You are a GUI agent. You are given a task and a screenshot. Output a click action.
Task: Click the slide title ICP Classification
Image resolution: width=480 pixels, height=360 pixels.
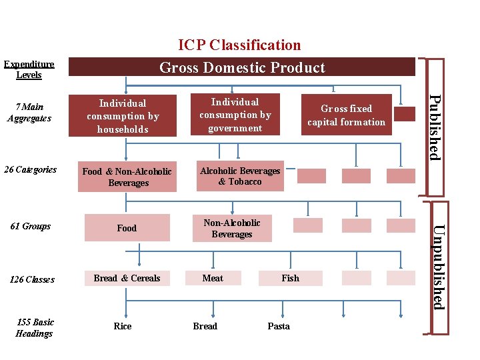point(239,45)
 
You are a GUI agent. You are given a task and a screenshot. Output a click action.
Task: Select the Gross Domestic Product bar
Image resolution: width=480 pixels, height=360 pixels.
point(242,67)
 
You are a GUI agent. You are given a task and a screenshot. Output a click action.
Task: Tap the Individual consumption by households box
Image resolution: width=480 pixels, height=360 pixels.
point(123,116)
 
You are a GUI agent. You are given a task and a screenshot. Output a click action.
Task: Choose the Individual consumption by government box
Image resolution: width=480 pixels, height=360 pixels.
point(235,115)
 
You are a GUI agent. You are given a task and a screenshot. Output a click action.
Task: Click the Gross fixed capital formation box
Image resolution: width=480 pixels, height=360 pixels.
point(346,115)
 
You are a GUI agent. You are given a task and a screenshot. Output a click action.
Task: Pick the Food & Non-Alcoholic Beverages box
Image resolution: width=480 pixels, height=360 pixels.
point(127,177)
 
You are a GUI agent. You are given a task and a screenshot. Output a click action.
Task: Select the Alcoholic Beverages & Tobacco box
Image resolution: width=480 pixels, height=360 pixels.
point(240,176)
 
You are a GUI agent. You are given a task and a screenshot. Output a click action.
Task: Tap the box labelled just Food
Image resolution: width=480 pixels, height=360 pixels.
point(127,228)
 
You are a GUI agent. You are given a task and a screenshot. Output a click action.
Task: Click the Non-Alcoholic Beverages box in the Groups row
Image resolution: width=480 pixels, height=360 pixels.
point(232,228)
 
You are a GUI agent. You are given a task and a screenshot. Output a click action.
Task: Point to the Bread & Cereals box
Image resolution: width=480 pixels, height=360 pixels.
point(127,278)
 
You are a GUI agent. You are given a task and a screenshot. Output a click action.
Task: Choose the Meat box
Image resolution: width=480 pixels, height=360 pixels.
point(213,278)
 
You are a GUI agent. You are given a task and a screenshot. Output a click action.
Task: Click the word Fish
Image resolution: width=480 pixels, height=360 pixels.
point(290,278)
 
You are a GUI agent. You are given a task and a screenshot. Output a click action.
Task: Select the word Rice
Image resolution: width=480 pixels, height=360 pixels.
point(123,326)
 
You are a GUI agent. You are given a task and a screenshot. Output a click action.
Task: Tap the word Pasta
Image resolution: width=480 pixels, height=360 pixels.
point(279,326)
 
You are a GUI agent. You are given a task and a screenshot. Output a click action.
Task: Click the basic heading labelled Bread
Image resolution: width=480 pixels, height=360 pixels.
point(205,326)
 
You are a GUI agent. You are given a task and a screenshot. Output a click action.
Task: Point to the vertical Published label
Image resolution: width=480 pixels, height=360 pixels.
point(434,127)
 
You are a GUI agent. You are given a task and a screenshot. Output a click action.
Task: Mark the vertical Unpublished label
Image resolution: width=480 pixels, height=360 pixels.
point(437,267)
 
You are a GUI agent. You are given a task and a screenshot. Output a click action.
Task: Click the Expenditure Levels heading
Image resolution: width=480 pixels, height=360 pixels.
point(29,69)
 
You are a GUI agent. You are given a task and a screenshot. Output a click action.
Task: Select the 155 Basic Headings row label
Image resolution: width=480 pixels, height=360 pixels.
point(34,327)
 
